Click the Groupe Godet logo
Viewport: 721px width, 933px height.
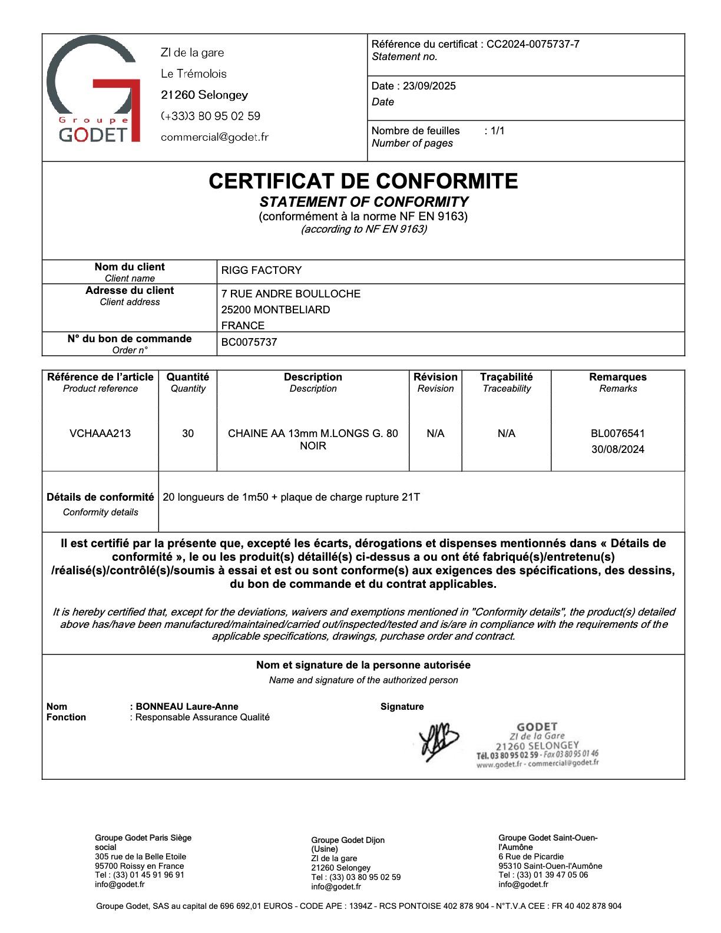tap(93, 90)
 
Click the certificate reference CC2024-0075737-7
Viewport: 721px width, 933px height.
tap(533, 44)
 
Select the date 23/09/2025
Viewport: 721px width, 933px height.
tap(429, 86)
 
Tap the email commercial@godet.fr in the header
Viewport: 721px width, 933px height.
tap(214, 137)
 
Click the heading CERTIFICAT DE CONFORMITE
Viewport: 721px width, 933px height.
tap(363, 181)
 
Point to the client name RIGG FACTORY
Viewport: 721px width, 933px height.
tap(262, 270)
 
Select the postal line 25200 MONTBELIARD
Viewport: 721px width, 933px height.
tap(276, 310)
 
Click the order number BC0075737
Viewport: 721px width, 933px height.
tap(249, 342)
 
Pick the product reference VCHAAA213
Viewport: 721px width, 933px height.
tap(100, 434)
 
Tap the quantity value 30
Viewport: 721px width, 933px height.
tap(188, 434)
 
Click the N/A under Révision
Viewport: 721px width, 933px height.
tap(435, 434)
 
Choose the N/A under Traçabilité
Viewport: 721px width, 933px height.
tap(507, 434)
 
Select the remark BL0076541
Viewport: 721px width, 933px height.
tap(618, 434)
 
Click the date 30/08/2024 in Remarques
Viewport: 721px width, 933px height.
tap(618, 449)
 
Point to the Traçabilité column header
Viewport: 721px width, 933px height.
tap(507, 377)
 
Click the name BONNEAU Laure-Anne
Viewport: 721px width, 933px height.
tap(187, 707)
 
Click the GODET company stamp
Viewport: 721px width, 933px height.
tap(537, 745)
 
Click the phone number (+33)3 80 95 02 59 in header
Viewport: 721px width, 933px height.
tap(211, 116)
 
